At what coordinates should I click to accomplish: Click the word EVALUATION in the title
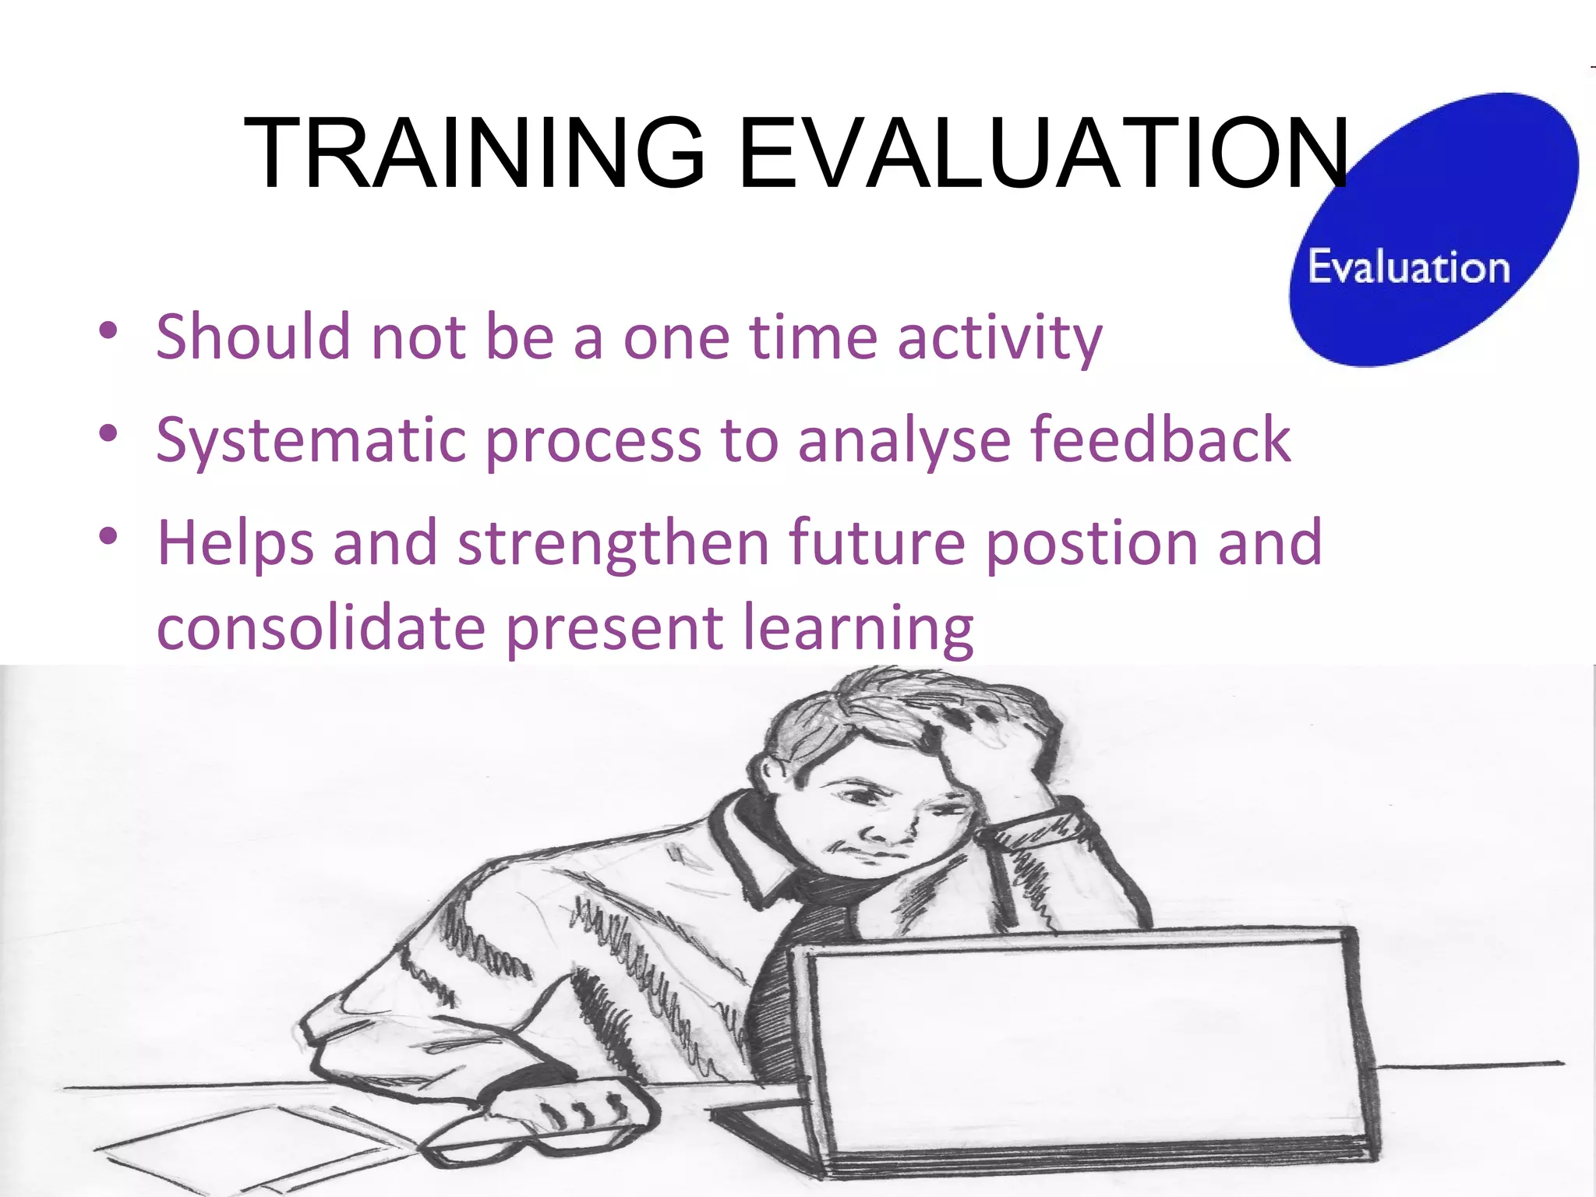pyautogui.click(x=1043, y=153)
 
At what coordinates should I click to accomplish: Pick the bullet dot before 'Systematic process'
pyautogui.click(x=108, y=433)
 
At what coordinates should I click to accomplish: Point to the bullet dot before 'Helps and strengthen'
pyautogui.click(x=108, y=536)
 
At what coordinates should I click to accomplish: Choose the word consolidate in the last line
pyautogui.click(x=321, y=627)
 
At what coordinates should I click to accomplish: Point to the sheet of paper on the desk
pyautogui.click(x=257, y=1146)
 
